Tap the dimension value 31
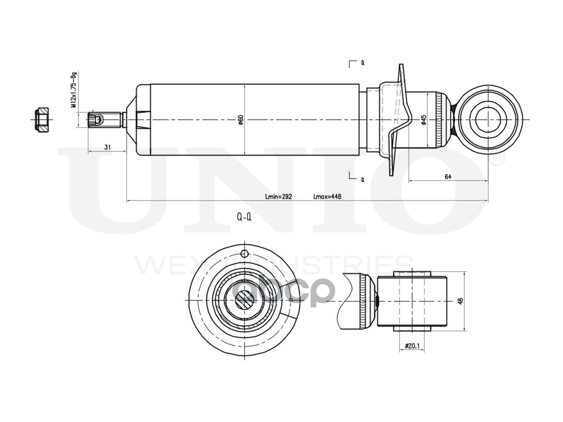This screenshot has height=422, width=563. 107,147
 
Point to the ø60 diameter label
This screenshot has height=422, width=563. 241,120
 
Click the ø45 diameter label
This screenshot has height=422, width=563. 424,120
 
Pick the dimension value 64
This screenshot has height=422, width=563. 448,176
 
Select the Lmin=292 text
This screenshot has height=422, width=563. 278,196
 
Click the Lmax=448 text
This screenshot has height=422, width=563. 327,196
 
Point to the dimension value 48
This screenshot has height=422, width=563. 460,302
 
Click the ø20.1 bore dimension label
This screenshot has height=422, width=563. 413,346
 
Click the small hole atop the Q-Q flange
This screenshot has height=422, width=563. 245,253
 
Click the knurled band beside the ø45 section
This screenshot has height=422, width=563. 440,120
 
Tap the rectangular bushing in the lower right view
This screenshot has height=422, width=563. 412,301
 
